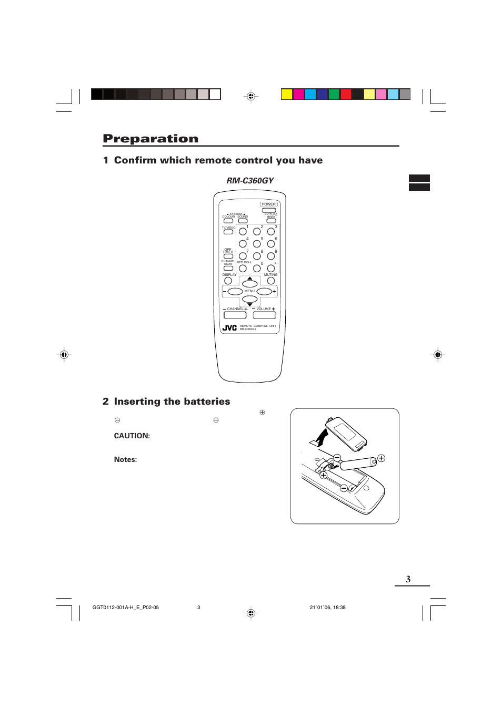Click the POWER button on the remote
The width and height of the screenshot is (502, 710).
[268, 210]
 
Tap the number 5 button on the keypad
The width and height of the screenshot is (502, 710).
[257, 244]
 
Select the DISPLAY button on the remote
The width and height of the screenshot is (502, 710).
[228, 281]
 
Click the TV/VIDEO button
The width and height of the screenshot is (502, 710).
[228, 232]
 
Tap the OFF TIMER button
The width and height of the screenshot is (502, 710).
[228, 256]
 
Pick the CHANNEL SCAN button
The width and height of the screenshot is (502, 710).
[228, 268]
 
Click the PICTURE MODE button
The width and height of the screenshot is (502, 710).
[271, 221]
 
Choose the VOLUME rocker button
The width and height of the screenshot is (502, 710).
[264, 315]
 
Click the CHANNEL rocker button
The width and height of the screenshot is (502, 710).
[235, 315]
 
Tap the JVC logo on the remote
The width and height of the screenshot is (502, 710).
[229, 328]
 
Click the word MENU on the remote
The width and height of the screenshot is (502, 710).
[249, 291]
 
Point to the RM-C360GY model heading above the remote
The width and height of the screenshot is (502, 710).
[250, 181]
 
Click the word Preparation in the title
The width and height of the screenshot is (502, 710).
[150, 139]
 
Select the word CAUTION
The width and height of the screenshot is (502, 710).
[132, 436]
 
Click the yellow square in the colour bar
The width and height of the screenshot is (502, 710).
[287, 95]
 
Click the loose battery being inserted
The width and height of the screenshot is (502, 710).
[358, 463]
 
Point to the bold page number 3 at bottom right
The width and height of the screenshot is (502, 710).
[408, 579]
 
